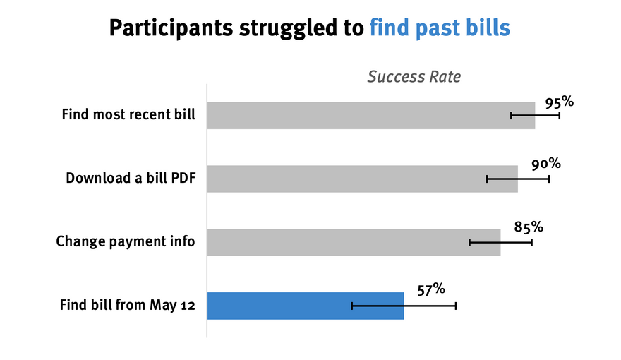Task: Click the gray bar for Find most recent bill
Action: tap(371, 115)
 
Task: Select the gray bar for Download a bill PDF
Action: tap(363, 179)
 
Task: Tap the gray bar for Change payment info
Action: tap(354, 242)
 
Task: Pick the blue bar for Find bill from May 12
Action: tap(306, 306)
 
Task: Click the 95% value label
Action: tap(559, 102)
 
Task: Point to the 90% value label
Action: tap(545, 164)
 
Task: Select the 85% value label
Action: tap(529, 227)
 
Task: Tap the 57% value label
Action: tap(431, 289)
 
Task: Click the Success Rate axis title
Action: tap(414, 76)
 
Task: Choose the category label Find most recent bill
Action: tap(128, 114)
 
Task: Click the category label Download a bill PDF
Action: tap(131, 178)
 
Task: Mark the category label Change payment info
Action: tap(126, 241)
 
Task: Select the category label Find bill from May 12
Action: tap(128, 305)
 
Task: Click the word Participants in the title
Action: tap(171, 28)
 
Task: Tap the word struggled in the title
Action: tap(291, 28)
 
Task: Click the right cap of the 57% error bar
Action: tap(456, 306)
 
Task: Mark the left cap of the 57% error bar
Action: tap(351, 306)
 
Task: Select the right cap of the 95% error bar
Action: tap(559, 116)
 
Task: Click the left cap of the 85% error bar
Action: tap(470, 242)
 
